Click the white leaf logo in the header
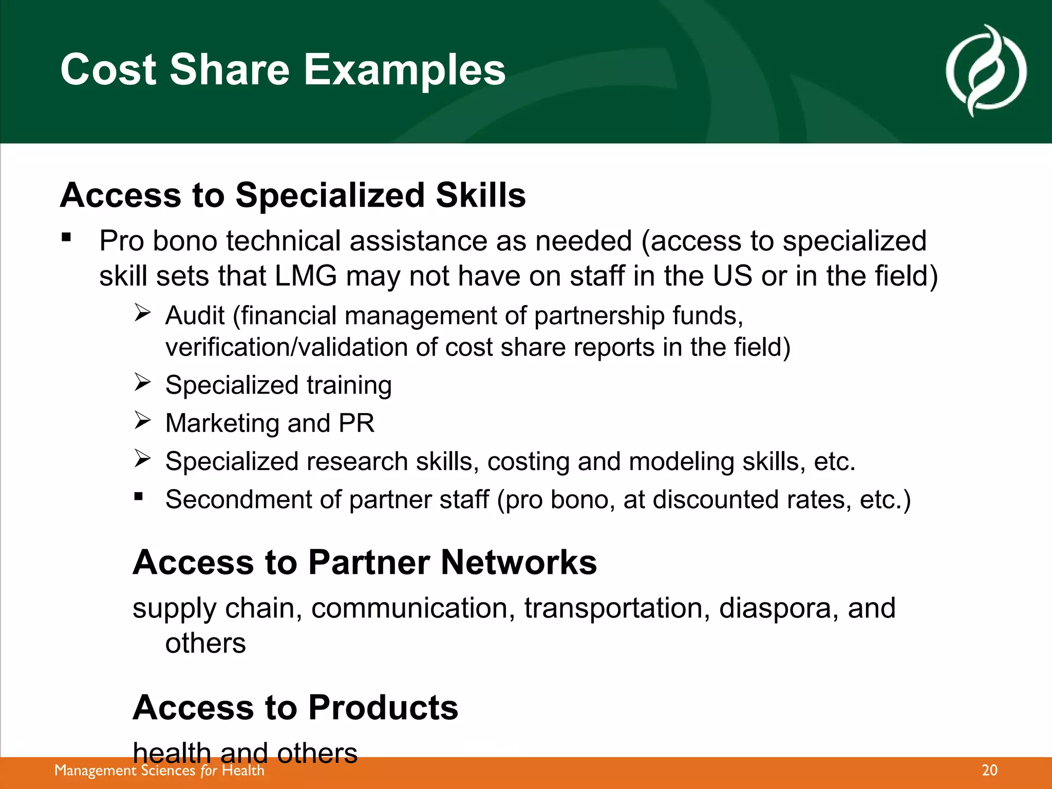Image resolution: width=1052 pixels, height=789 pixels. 986,71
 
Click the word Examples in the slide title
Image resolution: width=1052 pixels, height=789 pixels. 405,70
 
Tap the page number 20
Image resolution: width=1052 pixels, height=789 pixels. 989,770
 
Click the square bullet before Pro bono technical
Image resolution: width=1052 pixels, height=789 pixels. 66,237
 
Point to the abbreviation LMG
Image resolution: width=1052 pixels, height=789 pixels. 306,276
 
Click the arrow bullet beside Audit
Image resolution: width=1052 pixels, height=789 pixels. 142,312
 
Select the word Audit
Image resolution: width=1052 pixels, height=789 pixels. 195,315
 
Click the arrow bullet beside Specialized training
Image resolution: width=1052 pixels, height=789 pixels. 142,382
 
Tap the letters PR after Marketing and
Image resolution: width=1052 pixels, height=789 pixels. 356,423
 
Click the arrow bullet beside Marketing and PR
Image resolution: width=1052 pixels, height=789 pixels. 142,420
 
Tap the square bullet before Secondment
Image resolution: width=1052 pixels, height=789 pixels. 138,497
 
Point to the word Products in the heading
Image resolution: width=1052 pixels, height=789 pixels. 383,707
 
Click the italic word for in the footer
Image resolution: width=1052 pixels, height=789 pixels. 209,771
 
